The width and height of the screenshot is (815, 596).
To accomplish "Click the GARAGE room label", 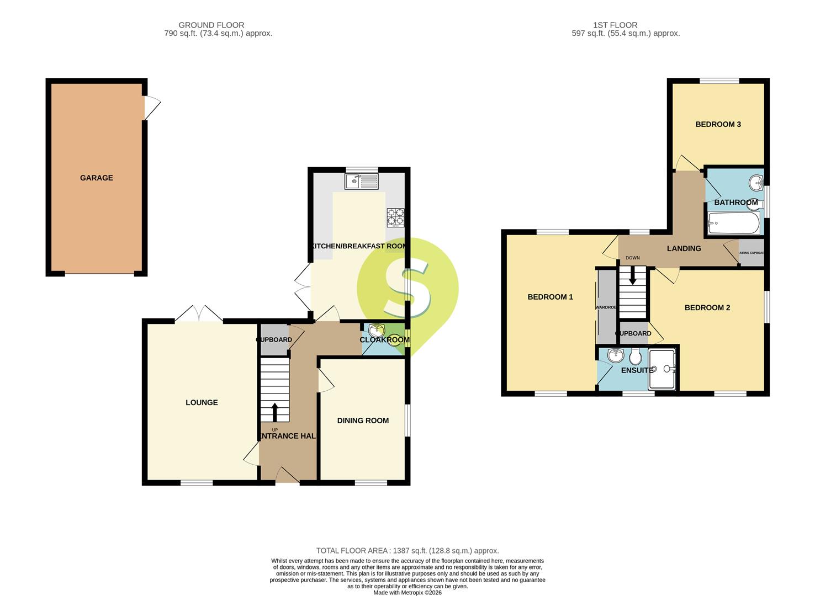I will (96, 178).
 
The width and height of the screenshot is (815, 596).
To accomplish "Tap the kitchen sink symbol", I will (361, 181).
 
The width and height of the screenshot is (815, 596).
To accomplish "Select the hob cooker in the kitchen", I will (395, 217).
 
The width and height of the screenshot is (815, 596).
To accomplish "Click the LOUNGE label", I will (202, 402).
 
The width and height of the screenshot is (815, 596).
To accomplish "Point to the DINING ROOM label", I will (363, 421).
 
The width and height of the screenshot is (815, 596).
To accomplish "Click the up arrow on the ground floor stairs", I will (275, 412).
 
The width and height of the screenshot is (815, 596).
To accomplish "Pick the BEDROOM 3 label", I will (718, 124).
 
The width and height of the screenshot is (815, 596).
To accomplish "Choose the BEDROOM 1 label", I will (550, 297).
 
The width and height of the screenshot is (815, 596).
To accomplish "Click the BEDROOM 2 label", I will (707, 307).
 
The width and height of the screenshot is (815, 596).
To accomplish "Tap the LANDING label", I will (684, 248).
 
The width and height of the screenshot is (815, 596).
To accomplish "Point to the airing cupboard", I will (752, 253).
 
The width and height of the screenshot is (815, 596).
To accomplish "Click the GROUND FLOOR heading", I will (211, 25).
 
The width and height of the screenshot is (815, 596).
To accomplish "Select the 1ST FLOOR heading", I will (615, 25).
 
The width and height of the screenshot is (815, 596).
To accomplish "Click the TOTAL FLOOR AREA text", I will (407, 551).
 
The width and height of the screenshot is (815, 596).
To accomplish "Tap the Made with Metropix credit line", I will (407, 593).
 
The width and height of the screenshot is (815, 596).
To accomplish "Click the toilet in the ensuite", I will (634, 358).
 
